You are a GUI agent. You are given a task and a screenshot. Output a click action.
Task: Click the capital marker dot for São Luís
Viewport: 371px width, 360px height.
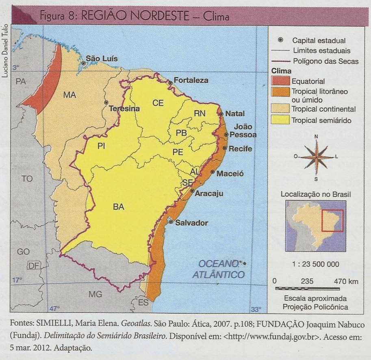pyautogui.click(x=83, y=63)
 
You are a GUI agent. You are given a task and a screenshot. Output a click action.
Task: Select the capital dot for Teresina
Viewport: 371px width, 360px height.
pyautogui.click(x=106, y=102)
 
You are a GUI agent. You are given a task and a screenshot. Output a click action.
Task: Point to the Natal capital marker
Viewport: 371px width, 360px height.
pyautogui.click(x=221, y=114)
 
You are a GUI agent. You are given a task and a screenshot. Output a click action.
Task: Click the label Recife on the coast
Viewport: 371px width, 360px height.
pyautogui.click(x=240, y=149)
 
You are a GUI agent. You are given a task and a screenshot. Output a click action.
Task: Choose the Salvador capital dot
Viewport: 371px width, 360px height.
pyautogui.click(x=171, y=222)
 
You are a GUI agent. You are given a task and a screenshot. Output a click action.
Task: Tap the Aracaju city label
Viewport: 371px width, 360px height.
pyautogui.click(x=209, y=194)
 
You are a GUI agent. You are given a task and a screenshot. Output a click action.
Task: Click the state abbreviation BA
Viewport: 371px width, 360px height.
pyautogui.click(x=118, y=207)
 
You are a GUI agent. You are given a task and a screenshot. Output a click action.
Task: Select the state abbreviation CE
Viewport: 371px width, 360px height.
pyautogui.click(x=158, y=103)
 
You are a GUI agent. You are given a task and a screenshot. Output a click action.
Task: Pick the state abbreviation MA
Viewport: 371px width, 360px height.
pyautogui.click(x=69, y=95)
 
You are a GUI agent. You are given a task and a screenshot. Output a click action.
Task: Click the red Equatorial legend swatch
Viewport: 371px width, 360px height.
pyautogui.click(x=280, y=80)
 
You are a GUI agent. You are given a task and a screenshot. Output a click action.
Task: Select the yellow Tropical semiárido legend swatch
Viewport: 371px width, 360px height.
pyautogui.click(x=280, y=120)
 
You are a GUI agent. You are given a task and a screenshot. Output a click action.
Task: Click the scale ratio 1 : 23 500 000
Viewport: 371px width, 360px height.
pyautogui.click(x=316, y=264)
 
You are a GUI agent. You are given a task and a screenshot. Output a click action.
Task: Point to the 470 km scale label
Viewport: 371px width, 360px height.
pyautogui.click(x=345, y=281)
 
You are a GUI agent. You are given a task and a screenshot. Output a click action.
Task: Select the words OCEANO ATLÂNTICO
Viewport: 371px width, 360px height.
pyautogui.click(x=219, y=269)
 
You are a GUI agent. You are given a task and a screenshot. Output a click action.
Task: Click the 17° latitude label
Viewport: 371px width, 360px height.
pyautogui.click(x=17, y=280)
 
